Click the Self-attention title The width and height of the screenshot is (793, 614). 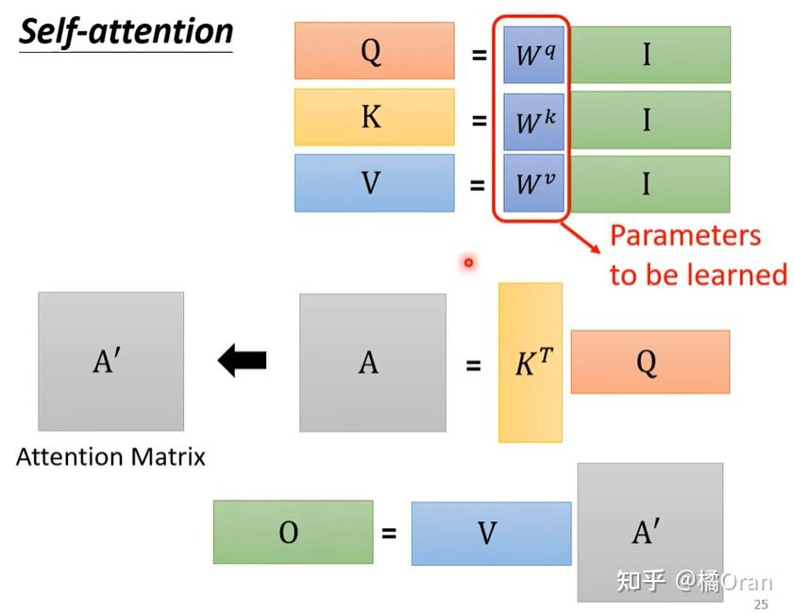pos(126,31)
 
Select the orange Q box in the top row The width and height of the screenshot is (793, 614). pos(372,51)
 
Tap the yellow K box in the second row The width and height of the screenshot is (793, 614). pos(373,117)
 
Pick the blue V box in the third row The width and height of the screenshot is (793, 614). pos(373,182)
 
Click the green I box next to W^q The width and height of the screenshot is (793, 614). pos(649,54)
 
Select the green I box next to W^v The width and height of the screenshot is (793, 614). pos(649,183)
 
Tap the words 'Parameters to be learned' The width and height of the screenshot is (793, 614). pos(698,254)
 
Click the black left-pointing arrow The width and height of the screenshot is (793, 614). pos(243,360)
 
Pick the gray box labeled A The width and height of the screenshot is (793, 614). pos(372,362)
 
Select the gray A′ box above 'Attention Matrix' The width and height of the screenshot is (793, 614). pos(110,361)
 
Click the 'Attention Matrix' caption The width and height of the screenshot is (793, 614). pos(110,457)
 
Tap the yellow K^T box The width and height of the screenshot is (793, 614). pos(531,363)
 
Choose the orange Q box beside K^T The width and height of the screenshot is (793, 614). pos(649,361)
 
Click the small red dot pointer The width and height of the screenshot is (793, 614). pos(467,263)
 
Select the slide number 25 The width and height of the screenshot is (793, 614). pos(761,605)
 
